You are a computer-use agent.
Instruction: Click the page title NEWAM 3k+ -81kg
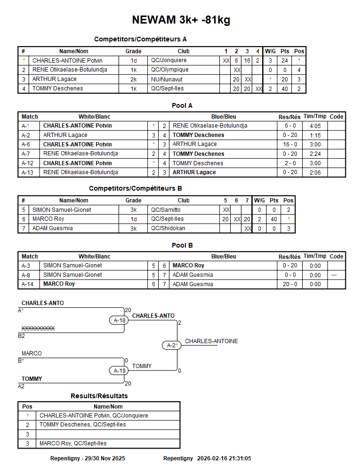(x=181, y=20)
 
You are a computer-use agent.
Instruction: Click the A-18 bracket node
(x=120, y=321)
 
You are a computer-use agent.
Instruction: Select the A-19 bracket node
(x=120, y=371)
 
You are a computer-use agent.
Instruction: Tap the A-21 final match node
(x=173, y=345)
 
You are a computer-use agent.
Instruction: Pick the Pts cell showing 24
(x=285, y=61)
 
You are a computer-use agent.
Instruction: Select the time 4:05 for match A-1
(x=315, y=126)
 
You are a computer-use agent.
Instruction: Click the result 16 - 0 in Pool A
(x=290, y=145)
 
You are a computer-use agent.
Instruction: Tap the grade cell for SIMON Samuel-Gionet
(x=133, y=210)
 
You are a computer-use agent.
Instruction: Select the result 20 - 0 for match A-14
(x=290, y=284)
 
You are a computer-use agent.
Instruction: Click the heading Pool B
(x=182, y=245)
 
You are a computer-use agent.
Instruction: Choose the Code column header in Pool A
(x=336, y=117)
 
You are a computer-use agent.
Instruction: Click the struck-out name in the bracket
(x=38, y=329)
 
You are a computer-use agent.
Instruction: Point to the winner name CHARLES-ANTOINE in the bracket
(x=211, y=341)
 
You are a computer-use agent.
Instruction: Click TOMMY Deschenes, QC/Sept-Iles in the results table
(x=83, y=425)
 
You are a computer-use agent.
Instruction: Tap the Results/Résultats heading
(x=99, y=396)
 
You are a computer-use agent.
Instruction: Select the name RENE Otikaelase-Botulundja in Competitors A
(x=70, y=70)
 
